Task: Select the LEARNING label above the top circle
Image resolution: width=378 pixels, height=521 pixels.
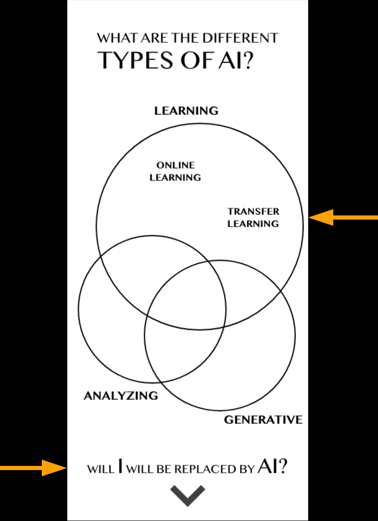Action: pos(186,111)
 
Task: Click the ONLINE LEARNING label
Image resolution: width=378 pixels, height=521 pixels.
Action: pos(175,172)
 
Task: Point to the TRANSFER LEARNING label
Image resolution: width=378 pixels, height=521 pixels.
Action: pos(253,218)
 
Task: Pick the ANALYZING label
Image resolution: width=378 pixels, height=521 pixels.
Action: pos(121,396)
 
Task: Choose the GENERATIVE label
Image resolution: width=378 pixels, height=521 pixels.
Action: pos(263,420)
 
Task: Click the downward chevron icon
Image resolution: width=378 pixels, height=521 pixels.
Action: pos(188,496)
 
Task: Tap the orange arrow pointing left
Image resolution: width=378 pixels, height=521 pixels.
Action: pos(343,217)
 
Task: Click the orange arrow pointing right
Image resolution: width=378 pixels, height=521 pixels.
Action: pos(33,468)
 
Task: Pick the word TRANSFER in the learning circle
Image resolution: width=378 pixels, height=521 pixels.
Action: pos(253,212)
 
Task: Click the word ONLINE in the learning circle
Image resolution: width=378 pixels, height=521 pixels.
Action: pos(175,165)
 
